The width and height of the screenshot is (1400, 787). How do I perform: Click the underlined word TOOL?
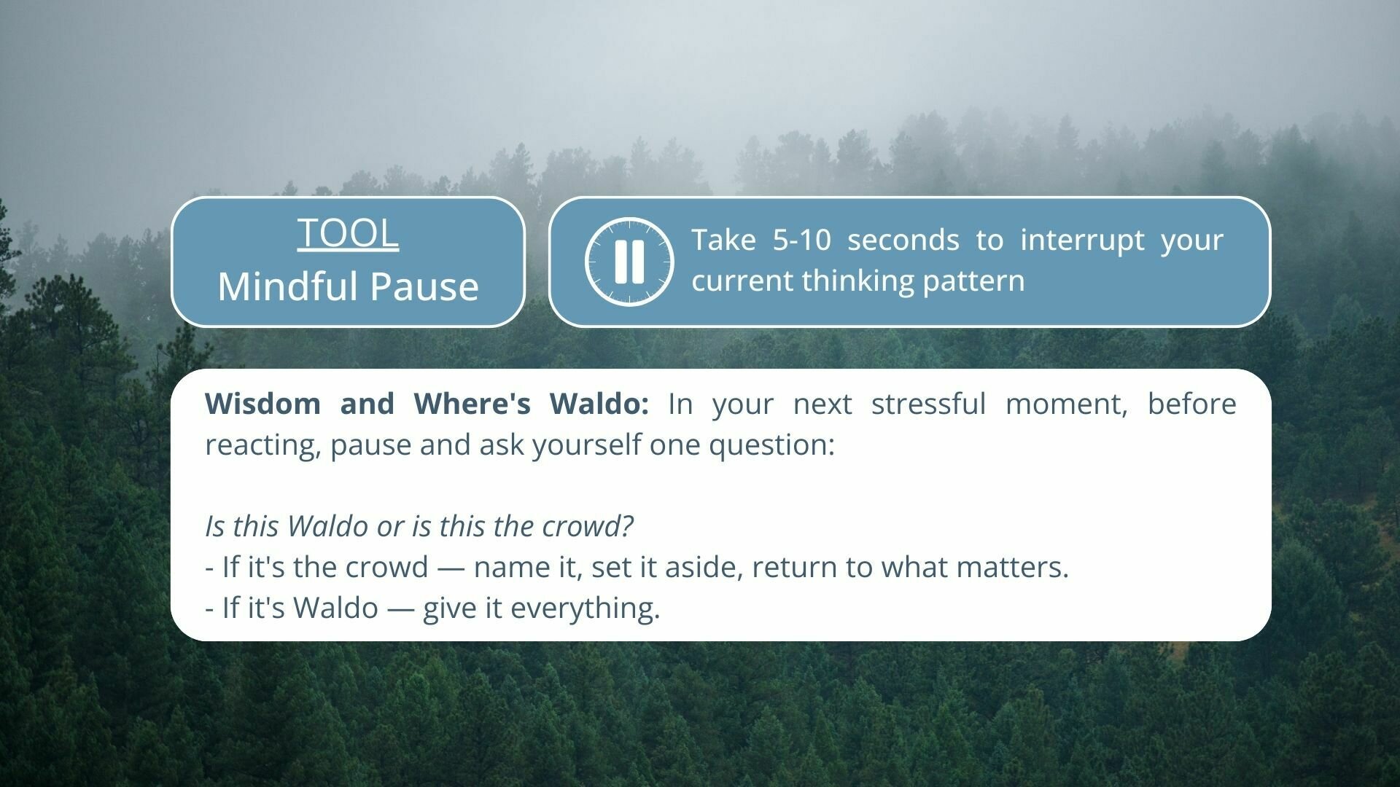click(348, 233)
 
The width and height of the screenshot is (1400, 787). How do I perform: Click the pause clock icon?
click(629, 262)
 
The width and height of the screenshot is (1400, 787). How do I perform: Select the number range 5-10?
click(801, 240)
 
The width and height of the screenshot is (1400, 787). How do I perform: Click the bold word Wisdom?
click(262, 403)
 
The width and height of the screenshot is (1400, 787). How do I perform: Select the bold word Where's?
click(472, 403)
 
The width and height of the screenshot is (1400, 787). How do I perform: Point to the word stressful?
click(928, 403)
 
